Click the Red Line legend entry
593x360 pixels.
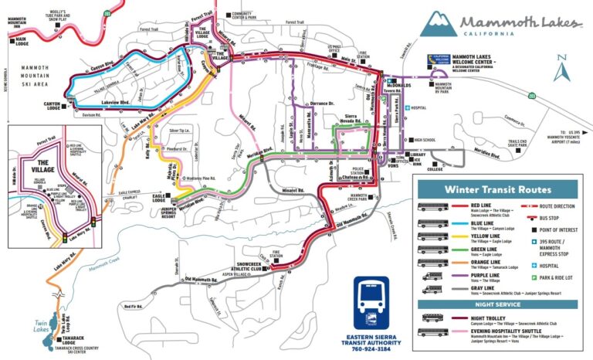coord(471,207)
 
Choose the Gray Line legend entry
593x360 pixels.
coord(472,289)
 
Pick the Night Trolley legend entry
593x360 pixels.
coord(472,317)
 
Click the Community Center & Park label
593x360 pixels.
coord(246,15)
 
